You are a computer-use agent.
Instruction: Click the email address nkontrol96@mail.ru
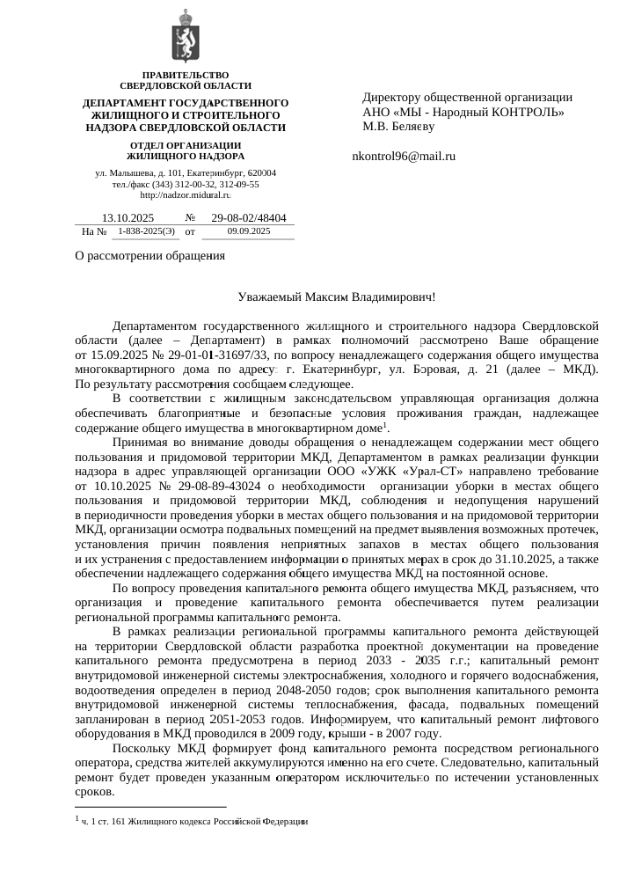click(x=403, y=156)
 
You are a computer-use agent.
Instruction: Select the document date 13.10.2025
click(x=128, y=217)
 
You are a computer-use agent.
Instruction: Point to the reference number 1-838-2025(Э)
click(x=146, y=231)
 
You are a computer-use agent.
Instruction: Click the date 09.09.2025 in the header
click(x=249, y=231)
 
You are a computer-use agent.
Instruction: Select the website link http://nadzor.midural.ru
click(x=186, y=194)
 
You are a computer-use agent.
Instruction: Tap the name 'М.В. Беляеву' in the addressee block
click(x=398, y=126)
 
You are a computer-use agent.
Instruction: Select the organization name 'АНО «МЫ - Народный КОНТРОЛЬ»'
click(x=463, y=112)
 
